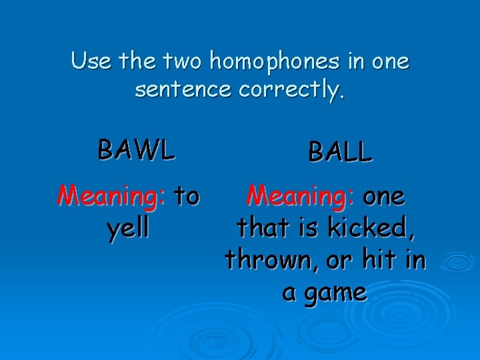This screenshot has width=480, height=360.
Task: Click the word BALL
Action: [x=339, y=152]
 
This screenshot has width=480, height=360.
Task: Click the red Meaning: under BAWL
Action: [x=111, y=196]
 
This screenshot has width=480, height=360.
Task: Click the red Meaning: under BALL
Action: [x=301, y=196]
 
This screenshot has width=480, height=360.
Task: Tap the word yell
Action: [x=128, y=228]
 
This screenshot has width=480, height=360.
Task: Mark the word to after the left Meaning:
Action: [x=186, y=196]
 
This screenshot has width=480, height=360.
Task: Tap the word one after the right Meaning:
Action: [x=383, y=196]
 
